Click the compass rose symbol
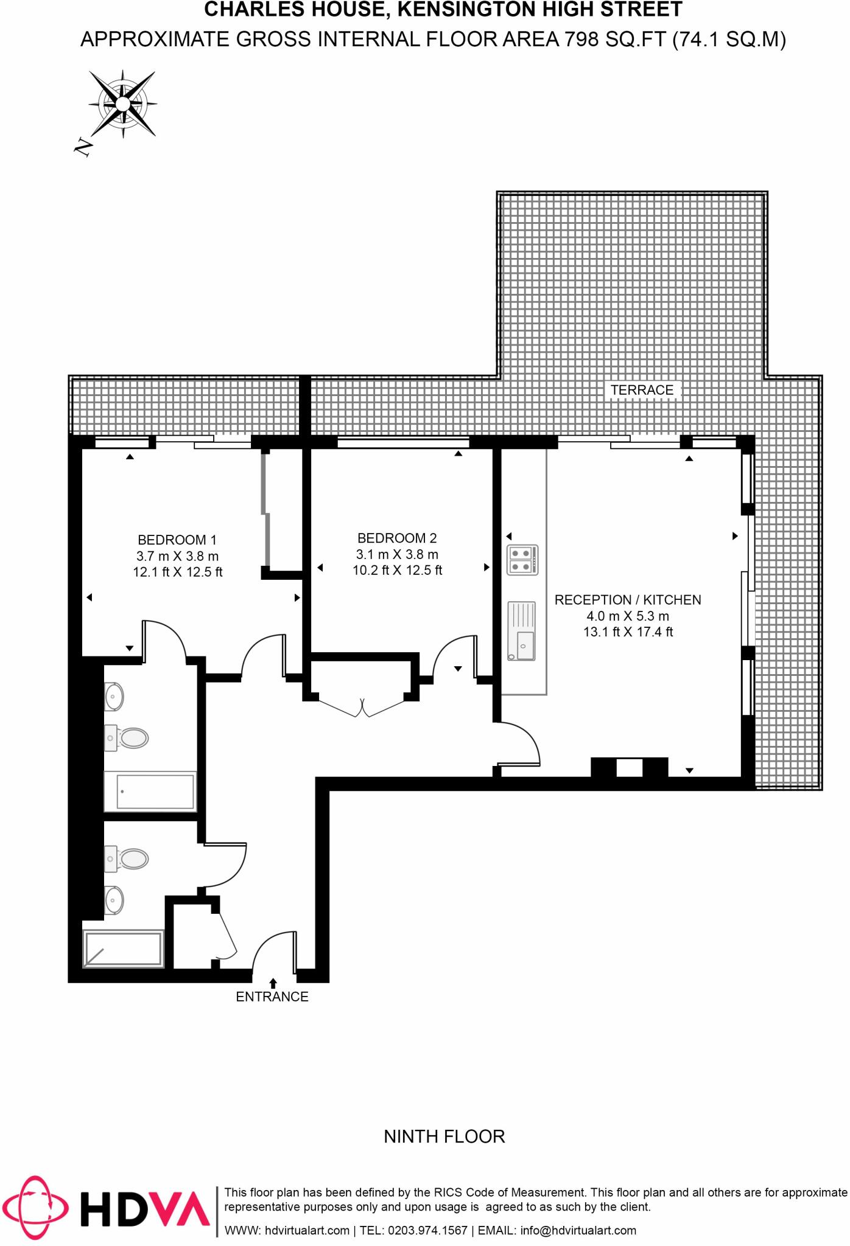pyautogui.click(x=122, y=104)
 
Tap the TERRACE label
pyautogui.click(x=642, y=390)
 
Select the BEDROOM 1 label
pyautogui.click(x=177, y=540)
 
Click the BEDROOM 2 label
pyautogui.click(x=397, y=538)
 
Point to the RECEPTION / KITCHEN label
pyautogui.click(x=628, y=600)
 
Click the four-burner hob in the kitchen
pyautogui.click(x=522, y=560)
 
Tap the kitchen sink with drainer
pyautogui.click(x=522, y=630)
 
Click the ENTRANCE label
pyautogui.click(x=272, y=997)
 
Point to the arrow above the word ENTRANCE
pyautogui.click(x=273, y=982)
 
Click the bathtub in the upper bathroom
pyautogui.click(x=150, y=791)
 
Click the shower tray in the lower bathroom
pyautogui.click(x=124, y=948)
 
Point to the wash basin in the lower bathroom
pyautogui.click(x=114, y=900)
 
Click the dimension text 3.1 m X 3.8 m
pyautogui.click(x=397, y=554)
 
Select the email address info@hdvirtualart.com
pyautogui.click(x=578, y=1230)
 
